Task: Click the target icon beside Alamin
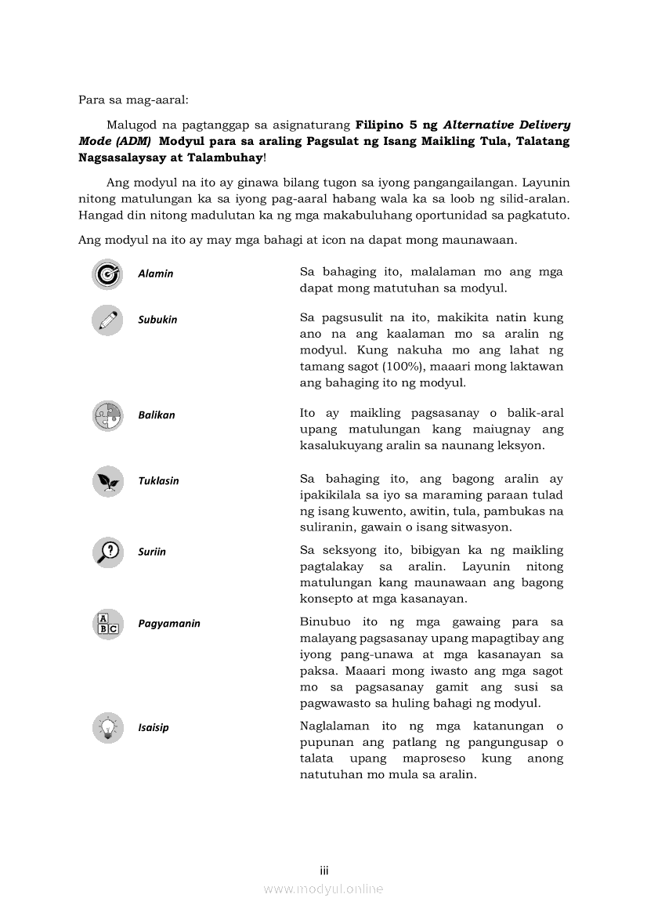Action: (x=107, y=274)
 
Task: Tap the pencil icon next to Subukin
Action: (x=107, y=320)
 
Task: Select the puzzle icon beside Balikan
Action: (x=107, y=415)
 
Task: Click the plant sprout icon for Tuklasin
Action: (x=107, y=481)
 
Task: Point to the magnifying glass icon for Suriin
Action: (x=107, y=552)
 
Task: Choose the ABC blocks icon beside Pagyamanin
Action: (x=107, y=624)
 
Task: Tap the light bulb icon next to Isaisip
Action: (x=107, y=728)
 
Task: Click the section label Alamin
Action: (x=156, y=273)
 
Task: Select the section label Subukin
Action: (x=157, y=320)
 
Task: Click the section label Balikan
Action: (x=157, y=415)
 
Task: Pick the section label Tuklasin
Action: (x=158, y=481)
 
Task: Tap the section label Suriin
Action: (x=152, y=552)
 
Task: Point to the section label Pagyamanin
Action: (x=169, y=624)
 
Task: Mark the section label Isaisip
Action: (x=154, y=727)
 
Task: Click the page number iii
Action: (x=323, y=871)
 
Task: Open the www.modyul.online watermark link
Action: (x=323, y=889)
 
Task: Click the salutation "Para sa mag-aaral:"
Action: (x=133, y=100)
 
